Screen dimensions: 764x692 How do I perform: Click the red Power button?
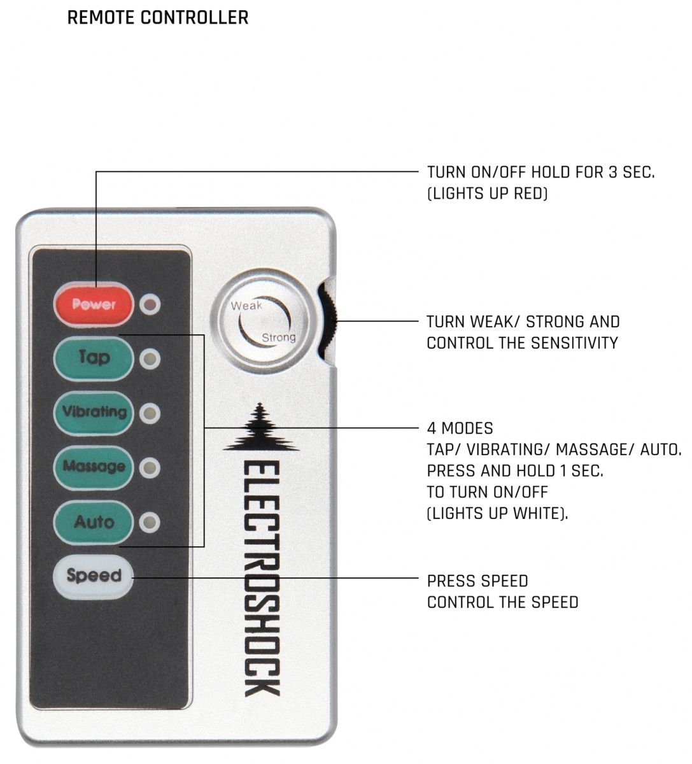pos(94,304)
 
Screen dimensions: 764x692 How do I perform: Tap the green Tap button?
pos(94,358)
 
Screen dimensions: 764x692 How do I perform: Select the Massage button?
pos(94,467)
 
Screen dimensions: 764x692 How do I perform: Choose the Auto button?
pos(94,522)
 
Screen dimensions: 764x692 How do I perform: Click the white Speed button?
pos(94,576)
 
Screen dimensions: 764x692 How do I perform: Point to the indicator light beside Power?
pos(150,304)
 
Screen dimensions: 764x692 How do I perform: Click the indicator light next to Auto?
pos(150,523)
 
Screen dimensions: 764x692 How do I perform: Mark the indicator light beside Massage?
pos(150,468)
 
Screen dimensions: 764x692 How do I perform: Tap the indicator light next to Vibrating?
pos(150,413)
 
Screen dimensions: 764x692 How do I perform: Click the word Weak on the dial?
pos(246,306)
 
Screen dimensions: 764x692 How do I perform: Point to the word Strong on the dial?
pos(279,337)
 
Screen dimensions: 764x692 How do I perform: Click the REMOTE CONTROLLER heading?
pos(157,17)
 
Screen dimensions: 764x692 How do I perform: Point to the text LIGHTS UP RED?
pos(487,194)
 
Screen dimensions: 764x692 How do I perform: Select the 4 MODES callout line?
pos(459,428)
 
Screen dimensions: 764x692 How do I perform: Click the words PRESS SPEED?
pos(477,581)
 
